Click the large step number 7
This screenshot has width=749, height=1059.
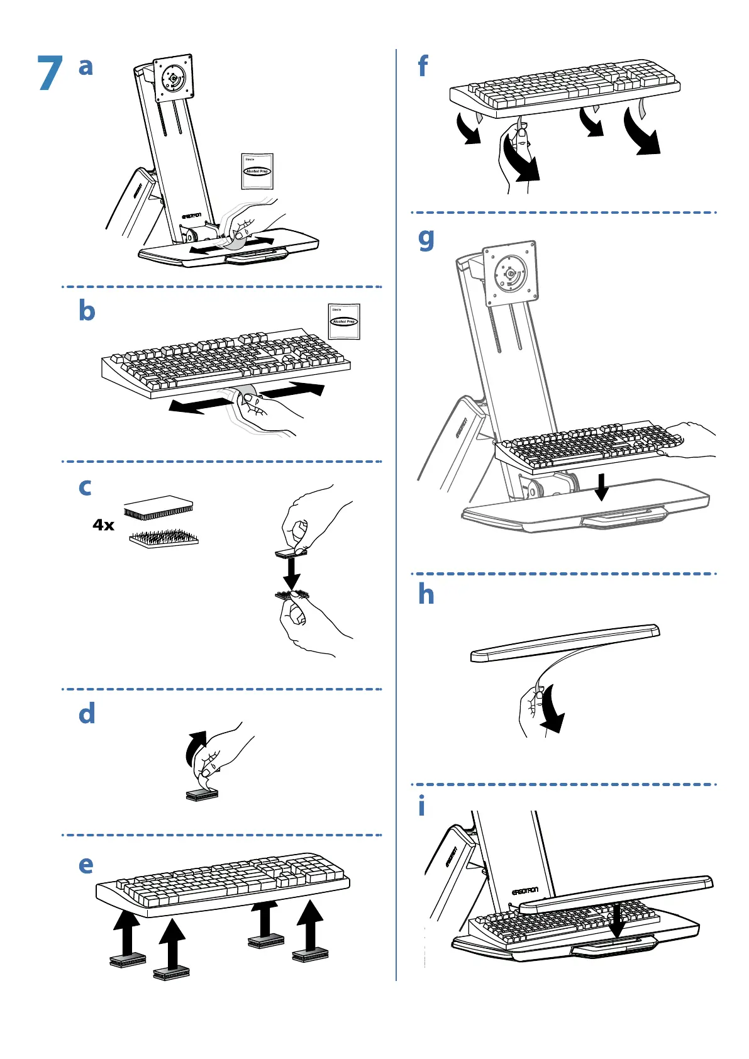pyautogui.click(x=50, y=73)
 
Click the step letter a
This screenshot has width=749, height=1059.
pyautogui.click(x=86, y=67)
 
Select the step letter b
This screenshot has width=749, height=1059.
pyautogui.click(x=87, y=311)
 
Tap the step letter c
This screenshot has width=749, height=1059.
pyautogui.click(x=85, y=487)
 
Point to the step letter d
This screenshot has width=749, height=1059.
pyautogui.click(x=87, y=714)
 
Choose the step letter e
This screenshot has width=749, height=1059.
pyautogui.click(x=86, y=865)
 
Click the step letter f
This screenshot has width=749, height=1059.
pyautogui.click(x=423, y=66)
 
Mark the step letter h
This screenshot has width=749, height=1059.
pyautogui.click(x=426, y=594)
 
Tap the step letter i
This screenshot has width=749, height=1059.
pyautogui.click(x=421, y=806)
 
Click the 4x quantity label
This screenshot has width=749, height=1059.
pyautogui.click(x=104, y=525)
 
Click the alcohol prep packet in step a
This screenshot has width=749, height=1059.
pyautogui.click(x=257, y=170)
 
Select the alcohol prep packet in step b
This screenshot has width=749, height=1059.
pyautogui.click(x=344, y=321)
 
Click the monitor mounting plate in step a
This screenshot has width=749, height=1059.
pyautogui.click(x=173, y=78)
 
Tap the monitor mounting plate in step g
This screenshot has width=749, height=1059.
pyautogui.click(x=510, y=274)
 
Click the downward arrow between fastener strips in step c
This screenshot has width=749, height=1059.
pyautogui.click(x=291, y=572)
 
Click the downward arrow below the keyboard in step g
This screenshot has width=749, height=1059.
pyautogui.click(x=602, y=487)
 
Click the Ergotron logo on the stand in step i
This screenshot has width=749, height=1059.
pyautogui.click(x=524, y=891)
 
